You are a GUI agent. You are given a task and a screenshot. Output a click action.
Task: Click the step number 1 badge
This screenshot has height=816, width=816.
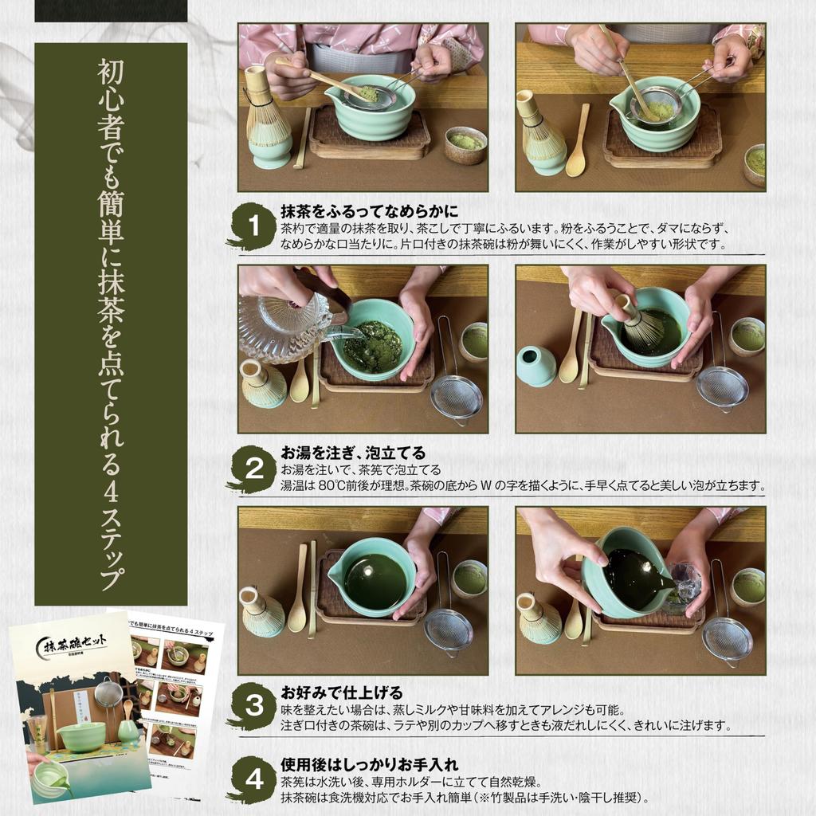click(x=253, y=226)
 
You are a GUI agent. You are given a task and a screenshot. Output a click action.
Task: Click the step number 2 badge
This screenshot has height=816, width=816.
click(x=253, y=469)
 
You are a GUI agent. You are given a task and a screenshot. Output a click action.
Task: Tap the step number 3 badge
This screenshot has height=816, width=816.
click(x=253, y=706)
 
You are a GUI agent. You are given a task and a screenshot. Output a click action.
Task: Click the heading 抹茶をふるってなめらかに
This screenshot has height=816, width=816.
click(x=369, y=211)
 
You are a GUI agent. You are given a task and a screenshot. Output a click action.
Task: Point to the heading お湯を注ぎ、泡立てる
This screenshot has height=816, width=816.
click(x=352, y=453)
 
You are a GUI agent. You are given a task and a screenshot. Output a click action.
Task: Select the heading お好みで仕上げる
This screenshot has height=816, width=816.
click(x=341, y=692)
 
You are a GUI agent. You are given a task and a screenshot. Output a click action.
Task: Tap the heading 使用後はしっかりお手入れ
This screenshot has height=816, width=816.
click(x=369, y=766)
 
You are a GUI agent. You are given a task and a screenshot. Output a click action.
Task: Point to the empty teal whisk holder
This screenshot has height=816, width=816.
click(x=535, y=366)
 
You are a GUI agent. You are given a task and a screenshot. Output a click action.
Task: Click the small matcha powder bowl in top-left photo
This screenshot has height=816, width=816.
click(x=465, y=144)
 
